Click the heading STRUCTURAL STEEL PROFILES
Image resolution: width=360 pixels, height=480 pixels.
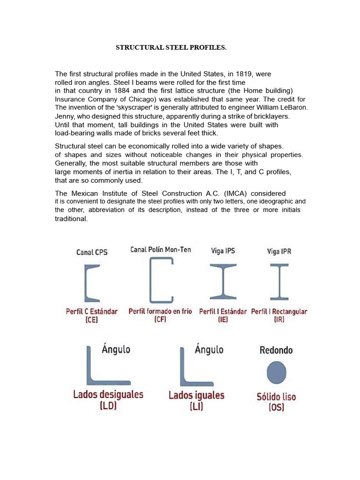pyautogui.click(x=171, y=48)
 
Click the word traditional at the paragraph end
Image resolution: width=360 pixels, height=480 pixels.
pyautogui.click(x=71, y=219)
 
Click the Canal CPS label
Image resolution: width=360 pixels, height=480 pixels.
pyautogui.click(x=92, y=252)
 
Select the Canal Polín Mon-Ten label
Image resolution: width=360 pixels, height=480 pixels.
pyautogui.click(x=160, y=250)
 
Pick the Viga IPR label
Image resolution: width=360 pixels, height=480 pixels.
pyautogui.click(x=279, y=252)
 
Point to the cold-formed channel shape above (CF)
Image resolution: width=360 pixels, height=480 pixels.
pyautogui.click(x=160, y=280)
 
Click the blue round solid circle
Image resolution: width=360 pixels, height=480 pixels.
pyautogui.click(x=276, y=373)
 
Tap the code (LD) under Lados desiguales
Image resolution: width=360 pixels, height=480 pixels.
pyautogui.click(x=108, y=406)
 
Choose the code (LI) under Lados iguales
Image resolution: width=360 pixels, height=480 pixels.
pyautogui.click(x=196, y=407)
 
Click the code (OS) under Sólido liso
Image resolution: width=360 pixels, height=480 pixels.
pyautogui.click(x=276, y=408)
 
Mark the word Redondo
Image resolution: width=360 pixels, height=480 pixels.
pyautogui.click(x=276, y=350)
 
